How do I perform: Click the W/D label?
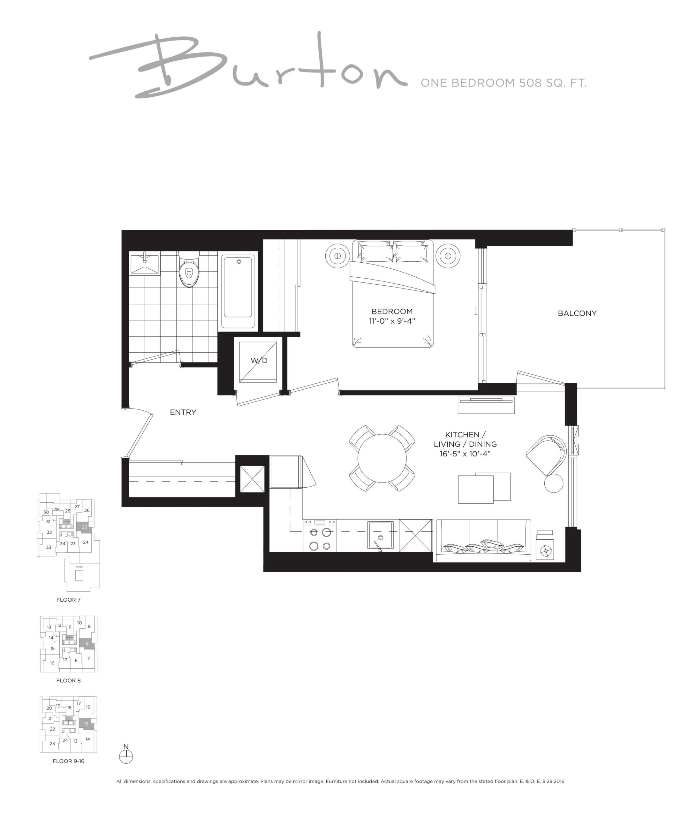pos(259,361)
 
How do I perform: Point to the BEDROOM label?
pos(392,311)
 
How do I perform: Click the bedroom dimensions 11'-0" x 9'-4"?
pos(392,321)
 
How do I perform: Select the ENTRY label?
pos(183,412)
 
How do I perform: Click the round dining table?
pos(382,458)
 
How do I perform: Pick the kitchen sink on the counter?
pos(381,536)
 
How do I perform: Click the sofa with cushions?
pos(483,540)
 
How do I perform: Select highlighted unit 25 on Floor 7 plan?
pos(84,527)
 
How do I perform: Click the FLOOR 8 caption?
pos(69,680)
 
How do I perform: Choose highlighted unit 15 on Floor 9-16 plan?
pos(87,723)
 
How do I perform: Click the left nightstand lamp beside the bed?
pos(337,256)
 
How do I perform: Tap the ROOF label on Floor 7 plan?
pos(79,567)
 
